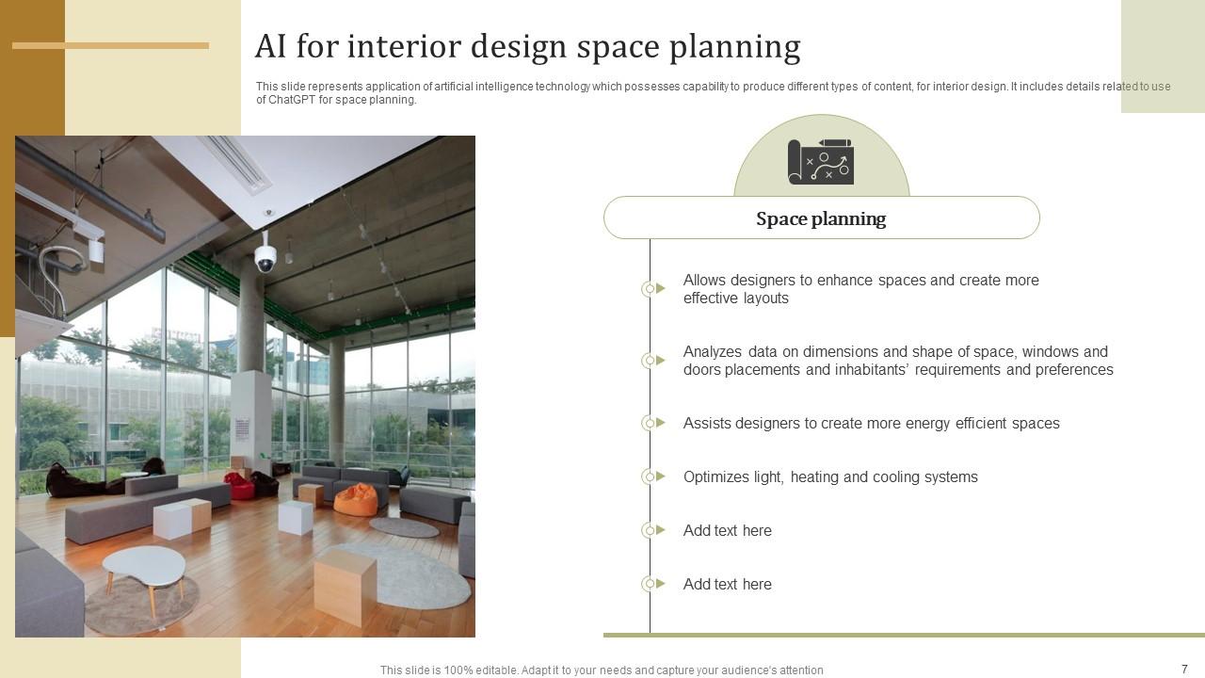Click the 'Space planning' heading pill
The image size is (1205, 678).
pyautogui.click(x=821, y=218)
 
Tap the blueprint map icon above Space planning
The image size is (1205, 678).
pyautogui.click(x=821, y=162)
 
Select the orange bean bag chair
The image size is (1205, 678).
pyautogui.click(x=356, y=500)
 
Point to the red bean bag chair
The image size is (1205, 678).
pyautogui.click(x=239, y=485)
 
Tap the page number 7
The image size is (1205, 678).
pyautogui.click(x=1184, y=670)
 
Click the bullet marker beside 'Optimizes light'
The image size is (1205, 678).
pyautogui.click(x=650, y=476)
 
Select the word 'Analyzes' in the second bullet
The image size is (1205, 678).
pyautogui.click(x=714, y=351)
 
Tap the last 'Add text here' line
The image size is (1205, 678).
pyautogui.click(x=727, y=584)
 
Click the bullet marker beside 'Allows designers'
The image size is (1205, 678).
pyautogui.click(x=650, y=289)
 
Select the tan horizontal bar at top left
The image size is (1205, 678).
pyautogui.click(x=110, y=45)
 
